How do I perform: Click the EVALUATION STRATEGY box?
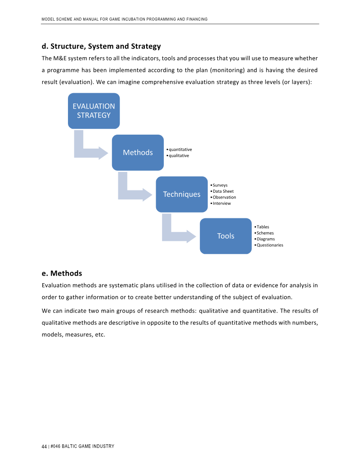click(x=94, y=111)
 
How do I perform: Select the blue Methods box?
click(x=138, y=153)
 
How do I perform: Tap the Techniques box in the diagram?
click(x=182, y=195)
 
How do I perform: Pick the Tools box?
click(x=225, y=236)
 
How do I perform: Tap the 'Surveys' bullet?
click(x=220, y=185)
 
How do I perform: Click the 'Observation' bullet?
click(x=224, y=197)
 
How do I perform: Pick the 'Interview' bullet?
click(x=221, y=204)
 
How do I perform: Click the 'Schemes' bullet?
click(x=265, y=233)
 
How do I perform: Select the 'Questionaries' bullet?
click(x=270, y=245)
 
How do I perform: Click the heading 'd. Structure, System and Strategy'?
click(x=101, y=46)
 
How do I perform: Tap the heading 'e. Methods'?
click(x=62, y=273)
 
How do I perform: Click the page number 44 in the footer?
click(x=44, y=446)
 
